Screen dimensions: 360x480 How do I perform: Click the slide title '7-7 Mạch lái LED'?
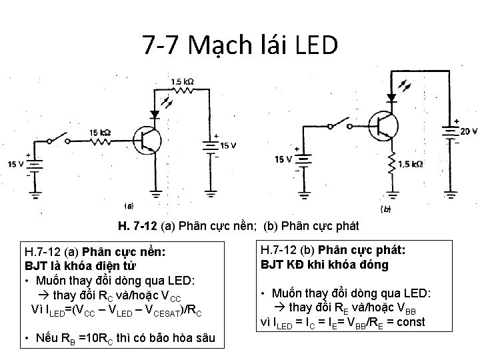point(240,45)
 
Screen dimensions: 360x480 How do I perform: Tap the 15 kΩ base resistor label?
point(101,132)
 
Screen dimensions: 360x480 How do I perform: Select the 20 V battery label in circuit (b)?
point(468,131)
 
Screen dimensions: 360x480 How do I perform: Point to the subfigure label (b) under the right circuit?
point(385,209)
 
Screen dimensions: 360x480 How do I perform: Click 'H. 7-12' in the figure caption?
point(137,225)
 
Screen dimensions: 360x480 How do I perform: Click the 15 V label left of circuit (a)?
point(15,164)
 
